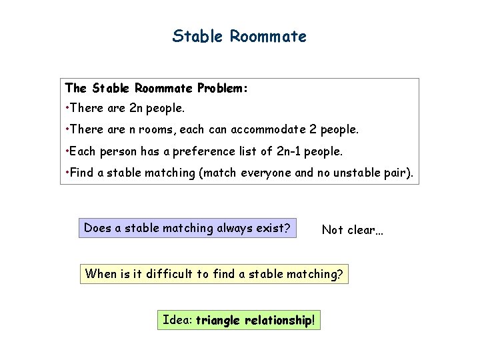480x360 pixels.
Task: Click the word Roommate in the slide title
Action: pyautogui.click(x=269, y=36)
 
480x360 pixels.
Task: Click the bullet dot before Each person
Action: pyautogui.click(x=67, y=151)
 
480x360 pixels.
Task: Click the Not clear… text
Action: pyautogui.click(x=353, y=230)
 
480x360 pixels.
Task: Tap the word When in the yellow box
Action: pyautogui.click(x=100, y=273)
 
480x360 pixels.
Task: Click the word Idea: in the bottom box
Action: pyautogui.click(x=177, y=320)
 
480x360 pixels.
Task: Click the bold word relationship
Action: pyautogui.click(x=279, y=320)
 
